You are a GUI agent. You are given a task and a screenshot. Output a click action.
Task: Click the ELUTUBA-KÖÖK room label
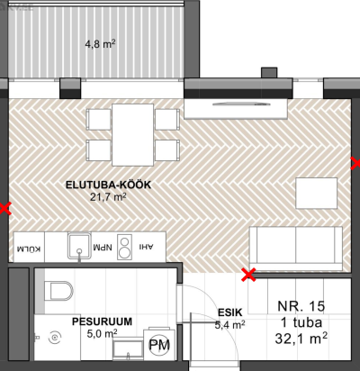108,185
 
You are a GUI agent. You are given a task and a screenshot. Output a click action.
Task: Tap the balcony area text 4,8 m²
100,44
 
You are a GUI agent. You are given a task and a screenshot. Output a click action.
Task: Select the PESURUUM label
102,321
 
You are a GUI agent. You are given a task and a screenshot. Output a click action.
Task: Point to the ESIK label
229,312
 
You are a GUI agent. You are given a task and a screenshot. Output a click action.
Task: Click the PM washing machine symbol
159,345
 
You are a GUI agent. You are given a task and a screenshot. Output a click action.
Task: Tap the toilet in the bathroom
58,291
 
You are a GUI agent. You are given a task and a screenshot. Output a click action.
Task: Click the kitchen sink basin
79,246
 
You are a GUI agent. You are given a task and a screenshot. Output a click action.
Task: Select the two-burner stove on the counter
124,247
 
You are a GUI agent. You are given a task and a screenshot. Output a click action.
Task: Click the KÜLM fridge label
29,249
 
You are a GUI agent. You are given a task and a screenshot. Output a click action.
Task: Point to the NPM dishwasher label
103,248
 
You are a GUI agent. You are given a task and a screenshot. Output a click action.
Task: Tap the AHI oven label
146,247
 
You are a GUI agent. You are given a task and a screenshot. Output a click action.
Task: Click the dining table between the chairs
132,135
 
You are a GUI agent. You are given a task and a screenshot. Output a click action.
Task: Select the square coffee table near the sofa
317,193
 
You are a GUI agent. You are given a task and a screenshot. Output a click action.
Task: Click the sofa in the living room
296,249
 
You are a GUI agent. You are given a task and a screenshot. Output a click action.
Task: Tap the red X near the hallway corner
249,275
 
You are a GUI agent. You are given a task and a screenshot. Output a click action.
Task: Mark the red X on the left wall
5,209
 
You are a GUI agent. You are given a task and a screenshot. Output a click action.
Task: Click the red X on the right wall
355,164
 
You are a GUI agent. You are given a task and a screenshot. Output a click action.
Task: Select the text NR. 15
301,306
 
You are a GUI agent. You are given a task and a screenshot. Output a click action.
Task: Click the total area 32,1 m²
301,339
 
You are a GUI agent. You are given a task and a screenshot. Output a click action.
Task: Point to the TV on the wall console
241,104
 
